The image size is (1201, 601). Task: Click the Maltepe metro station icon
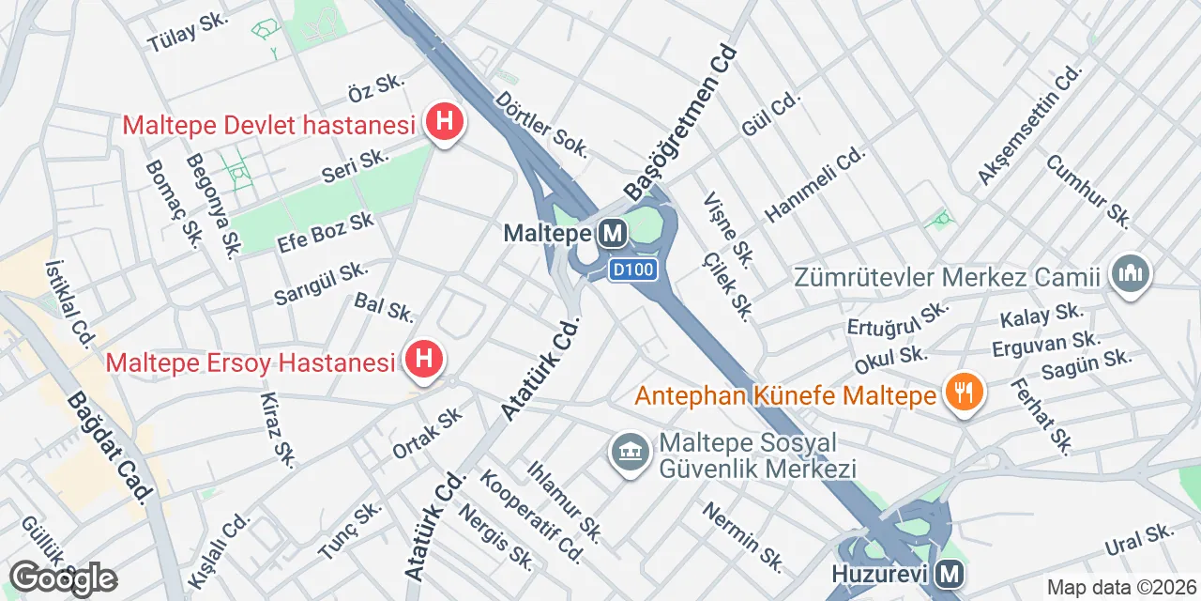614,233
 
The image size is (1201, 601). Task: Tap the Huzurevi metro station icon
950,572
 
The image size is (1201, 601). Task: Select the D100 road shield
631,270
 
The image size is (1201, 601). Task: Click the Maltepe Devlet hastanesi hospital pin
443,122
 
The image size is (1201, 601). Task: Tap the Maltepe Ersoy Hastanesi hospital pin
423,360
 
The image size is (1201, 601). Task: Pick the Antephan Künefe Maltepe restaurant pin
963,393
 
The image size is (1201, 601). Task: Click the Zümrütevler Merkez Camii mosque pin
1130,275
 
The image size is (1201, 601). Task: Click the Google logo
63,578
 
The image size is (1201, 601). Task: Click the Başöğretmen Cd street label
682,123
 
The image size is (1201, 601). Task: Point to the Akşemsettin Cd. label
1029,125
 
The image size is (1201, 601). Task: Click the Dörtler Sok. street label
542,123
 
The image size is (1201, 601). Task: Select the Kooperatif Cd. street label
531,516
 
